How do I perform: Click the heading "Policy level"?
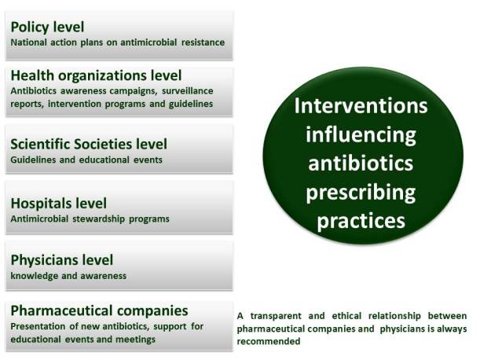(x=49, y=27)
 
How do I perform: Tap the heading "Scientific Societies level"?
(x=88, y=144)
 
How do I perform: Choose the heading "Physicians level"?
(x=61, y=259)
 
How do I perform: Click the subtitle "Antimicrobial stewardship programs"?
(x=90, y=219)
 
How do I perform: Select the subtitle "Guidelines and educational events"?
(x=85, y=160)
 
